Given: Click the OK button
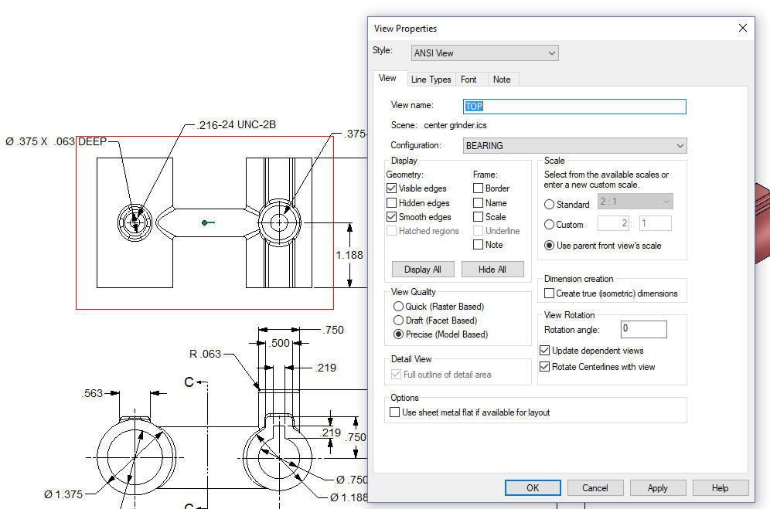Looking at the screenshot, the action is (x=533, y=488).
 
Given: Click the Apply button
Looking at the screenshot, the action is (x=658, y=488).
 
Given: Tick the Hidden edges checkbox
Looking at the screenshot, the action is (x=391, y=202).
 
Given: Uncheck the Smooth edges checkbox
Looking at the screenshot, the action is (x=391, y=216).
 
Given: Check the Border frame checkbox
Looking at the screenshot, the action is (x=478, y=188).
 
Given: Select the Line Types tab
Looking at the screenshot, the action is (x=431, y=80).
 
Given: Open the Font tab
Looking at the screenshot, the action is (x=468, y=80).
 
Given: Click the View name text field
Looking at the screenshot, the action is (x=574, y=107).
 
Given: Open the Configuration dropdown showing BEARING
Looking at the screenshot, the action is (x=574, y=146).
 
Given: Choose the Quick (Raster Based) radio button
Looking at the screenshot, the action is (x=398, y=307).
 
